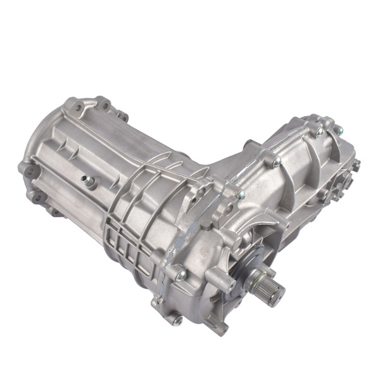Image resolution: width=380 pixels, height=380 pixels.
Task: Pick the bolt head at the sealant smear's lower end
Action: [x=182, y=274]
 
